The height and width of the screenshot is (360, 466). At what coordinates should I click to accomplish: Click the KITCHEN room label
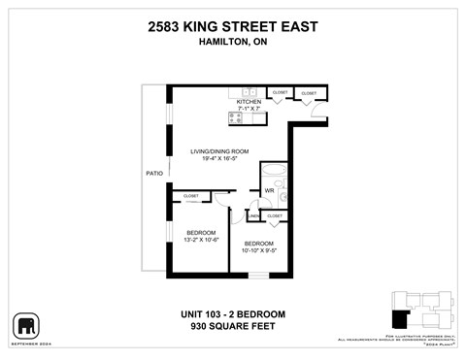click(250, 101)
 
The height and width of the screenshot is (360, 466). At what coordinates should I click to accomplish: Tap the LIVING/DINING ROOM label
click(220, 151)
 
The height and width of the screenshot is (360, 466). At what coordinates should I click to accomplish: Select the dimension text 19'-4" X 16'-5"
click(220, 159)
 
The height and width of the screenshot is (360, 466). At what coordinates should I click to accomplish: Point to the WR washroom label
click(270, 190)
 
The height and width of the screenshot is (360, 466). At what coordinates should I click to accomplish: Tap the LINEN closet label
click(255, 215)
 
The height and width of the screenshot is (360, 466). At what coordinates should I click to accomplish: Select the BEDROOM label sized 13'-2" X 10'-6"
click(201, 233)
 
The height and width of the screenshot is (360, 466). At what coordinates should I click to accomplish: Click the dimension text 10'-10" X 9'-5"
click(258, 249)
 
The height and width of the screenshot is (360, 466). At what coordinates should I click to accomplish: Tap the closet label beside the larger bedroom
click(190, 197)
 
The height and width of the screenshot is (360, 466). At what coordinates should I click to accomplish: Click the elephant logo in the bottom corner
click(24, 324)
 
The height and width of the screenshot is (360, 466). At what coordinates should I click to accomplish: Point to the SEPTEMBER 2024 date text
click(26, 342)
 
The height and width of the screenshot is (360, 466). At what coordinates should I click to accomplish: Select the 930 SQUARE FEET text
click(233, 327)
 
